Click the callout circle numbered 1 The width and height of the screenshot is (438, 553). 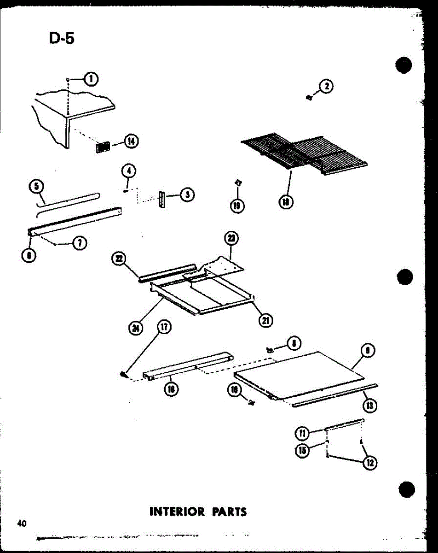tap(91, 80)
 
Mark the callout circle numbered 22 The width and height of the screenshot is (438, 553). tap(119, 259)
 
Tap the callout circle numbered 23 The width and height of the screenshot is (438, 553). tap(231, 239)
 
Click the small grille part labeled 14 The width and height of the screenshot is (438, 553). tap(103, 147)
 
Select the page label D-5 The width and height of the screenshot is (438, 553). tap(61, 38)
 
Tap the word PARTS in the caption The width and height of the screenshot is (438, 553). tap(229, 512)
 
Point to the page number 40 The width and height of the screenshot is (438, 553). tap(21, 524)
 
